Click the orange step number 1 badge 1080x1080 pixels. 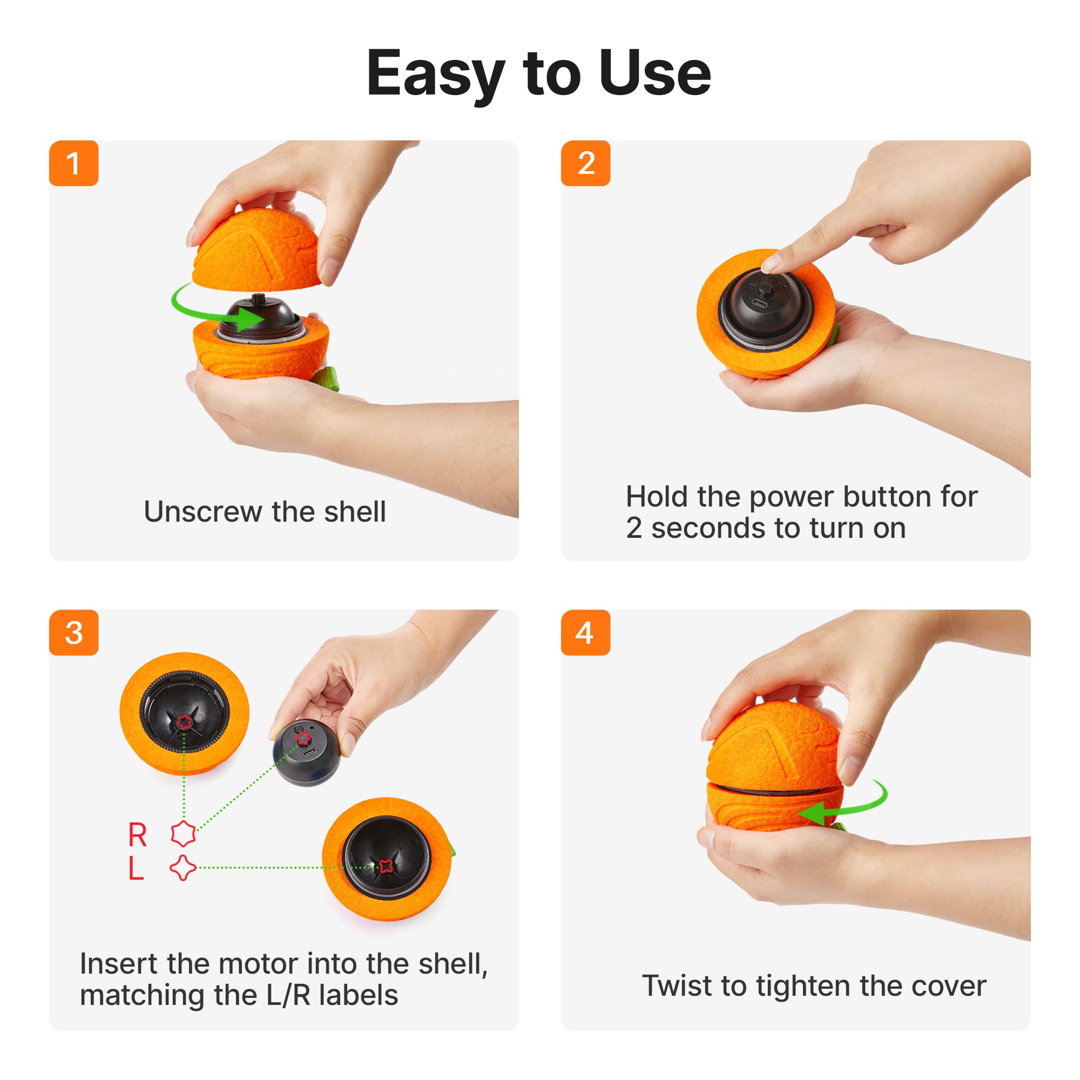(x=74, y=163)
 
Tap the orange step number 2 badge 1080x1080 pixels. (x=585, y=163)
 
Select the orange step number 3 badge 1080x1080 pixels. (x=74, y=632)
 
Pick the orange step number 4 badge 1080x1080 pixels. (x=585, y=632)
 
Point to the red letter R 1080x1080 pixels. (x=138, y=835)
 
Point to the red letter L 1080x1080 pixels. (x=136, y=868)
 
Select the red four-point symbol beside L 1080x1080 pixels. (x=183, y=868)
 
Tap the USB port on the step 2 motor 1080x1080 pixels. (x=760, y=303)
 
